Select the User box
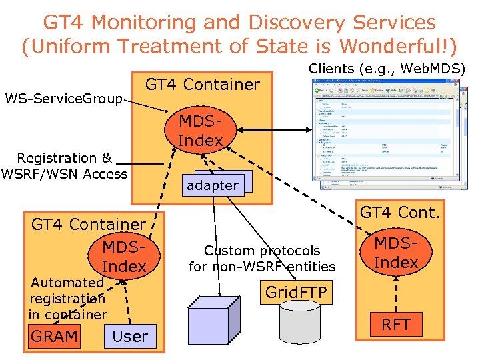coord(130,336)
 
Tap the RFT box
coord(396,325)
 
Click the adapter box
coord(212,185)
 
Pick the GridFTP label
coord(295,291)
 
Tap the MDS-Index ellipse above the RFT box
coord(396,253)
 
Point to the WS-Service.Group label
coord(64,99)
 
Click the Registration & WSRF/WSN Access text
coord(65,166)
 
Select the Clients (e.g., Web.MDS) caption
coord(386,68)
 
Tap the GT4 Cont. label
coord(400,212)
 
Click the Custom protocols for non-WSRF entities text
coord(262,259)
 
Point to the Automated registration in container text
coord(67,298)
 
